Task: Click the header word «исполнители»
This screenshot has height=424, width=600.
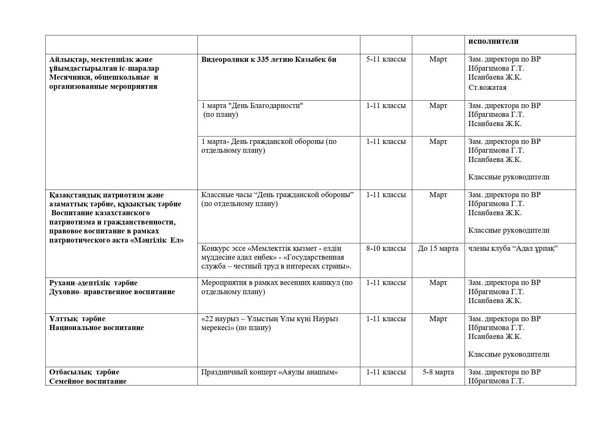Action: pyautogui.click(x=493, y=41)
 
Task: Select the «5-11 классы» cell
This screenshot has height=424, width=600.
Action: pyautogui.click(x=386, y=59)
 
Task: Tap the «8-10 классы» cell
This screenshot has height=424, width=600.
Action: pyautogui.click(x=386, y=248)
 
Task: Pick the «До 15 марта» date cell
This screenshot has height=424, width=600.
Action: pyautogui.click(x=438, y=248)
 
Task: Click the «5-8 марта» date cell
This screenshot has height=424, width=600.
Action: pyautogui.click(x=438, y=372)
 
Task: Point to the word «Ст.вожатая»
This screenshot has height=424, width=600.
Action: pyautogui.click(x=488, y=87)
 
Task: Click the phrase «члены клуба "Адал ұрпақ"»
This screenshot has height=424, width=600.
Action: pyautogui.click(x=513, y=248)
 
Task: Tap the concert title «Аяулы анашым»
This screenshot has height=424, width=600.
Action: pyautogui.click(x=309, y=372)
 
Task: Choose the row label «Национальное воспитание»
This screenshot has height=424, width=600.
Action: pyautogui.click(x=96, y=328)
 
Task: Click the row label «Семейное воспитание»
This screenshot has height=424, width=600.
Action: pyautogui.click(x=88, y=381)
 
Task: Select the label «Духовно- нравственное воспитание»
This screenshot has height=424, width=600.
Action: pyautogui.click(x=112, y=292)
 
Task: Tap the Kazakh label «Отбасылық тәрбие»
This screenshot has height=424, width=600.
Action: pyautogui.click(x=84, y=372)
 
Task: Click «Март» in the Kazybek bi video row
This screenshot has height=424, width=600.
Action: pyautogui.click(x=438, y=59)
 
